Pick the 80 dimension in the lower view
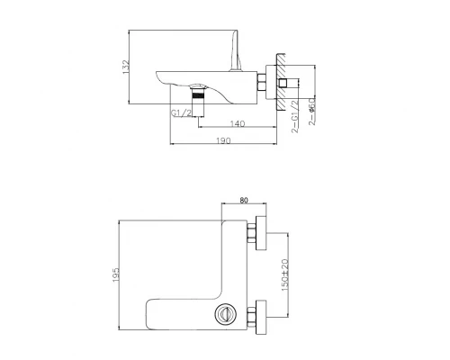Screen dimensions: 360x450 tap(244, 202)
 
